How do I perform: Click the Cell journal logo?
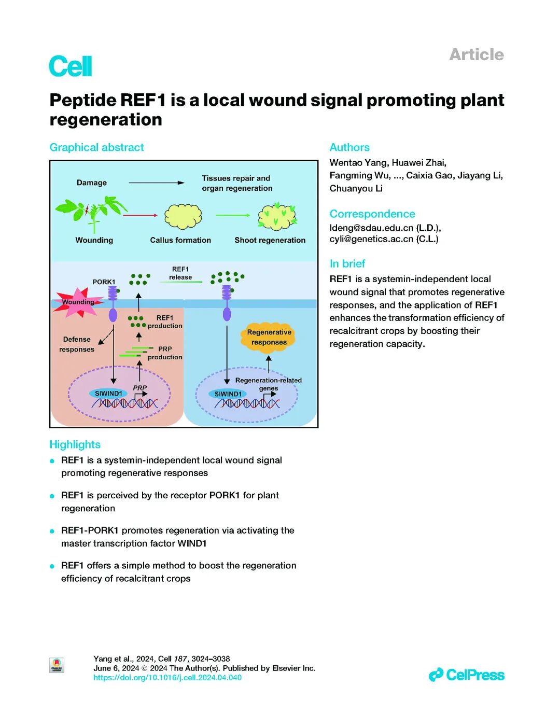71,66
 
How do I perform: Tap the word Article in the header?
476,54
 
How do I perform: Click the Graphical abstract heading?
96,147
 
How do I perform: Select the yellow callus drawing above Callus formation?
183,216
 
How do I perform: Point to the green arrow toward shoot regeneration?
233,215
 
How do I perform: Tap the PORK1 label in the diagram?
104,282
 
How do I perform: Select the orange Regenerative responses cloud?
269,338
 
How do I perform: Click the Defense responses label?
77,344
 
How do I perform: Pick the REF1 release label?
180,273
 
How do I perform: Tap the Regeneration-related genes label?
268,384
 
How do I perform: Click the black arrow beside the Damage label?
156,183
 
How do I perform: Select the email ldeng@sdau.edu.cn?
371,228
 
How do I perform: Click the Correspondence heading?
372,214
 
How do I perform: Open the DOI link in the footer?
167,677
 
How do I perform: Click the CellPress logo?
466,675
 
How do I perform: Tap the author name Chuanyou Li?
356,188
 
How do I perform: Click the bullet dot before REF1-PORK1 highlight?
52,531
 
